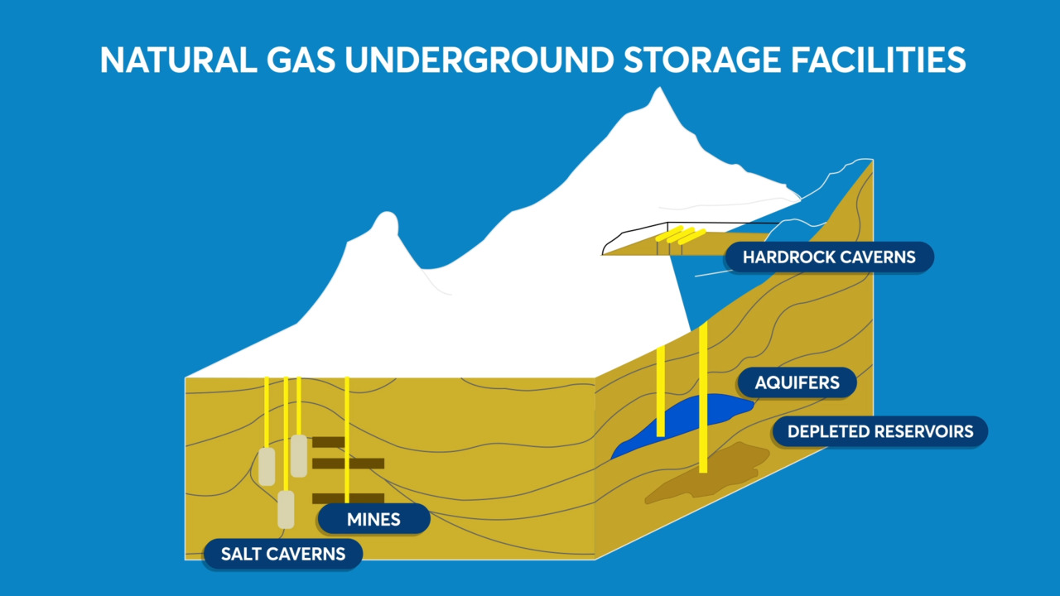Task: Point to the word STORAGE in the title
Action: click(x=695, y=60)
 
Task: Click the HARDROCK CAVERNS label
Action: click(x=829, y=257)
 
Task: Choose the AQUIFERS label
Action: click(x=797, y=382)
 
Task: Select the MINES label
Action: click(x=373, y=519)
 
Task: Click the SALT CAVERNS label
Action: click(x=282, y=553)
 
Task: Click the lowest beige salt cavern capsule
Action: click(x=286, y=509)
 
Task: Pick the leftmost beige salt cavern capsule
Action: click(x=267, y=467)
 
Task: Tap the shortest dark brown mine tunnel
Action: click(x=328, y=442)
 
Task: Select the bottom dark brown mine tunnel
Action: click(x=348, y=498)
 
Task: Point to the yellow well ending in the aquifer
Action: click(x=660, y=389)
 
